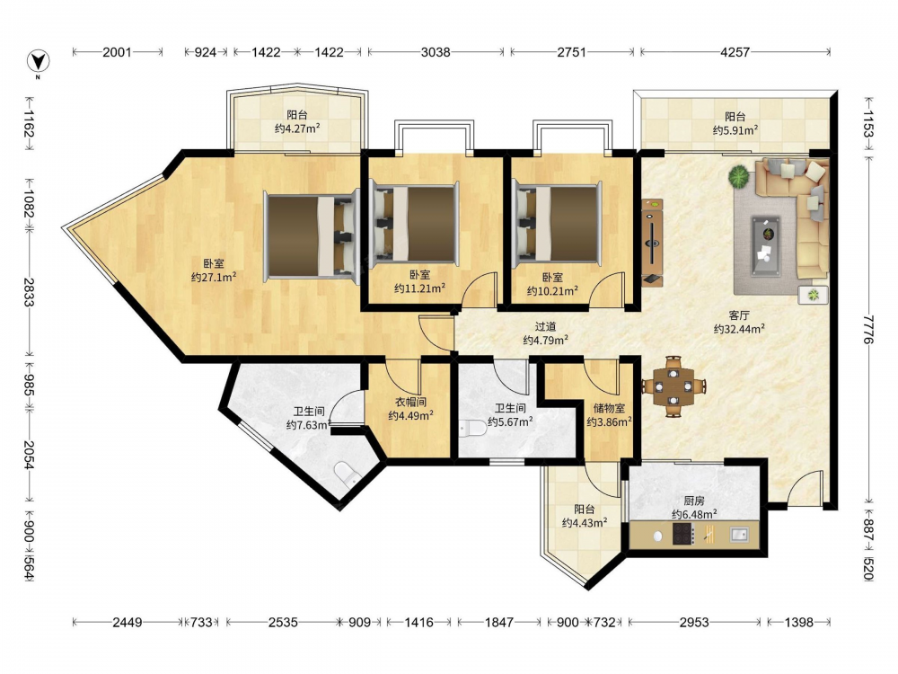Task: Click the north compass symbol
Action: pyautogui.click(x=38, y=62)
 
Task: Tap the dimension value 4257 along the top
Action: pyautogui.click(x=735, y=52)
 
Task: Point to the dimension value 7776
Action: pyautogui.click(x=868, y=329)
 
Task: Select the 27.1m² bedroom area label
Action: pyautogui.click(x=214, y=278)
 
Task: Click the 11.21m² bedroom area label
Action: pyautogui.click(x=419, y=288)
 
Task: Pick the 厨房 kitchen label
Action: pyautogui.click(x=694, y=501)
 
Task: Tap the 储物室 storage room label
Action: pyautogui.click(x=609, y=408)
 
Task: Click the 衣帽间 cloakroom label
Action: pyautogui.click(x=410, y=402)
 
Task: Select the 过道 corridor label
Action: pyautogui.click(x=545, y=326)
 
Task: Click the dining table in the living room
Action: pyautogui.click(x=673, y=386)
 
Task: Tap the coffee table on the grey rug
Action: pyautogui.click(x=766, y=238)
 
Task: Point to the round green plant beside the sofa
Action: pyautogui.click(x=739, y=176)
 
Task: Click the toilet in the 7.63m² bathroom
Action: pyautogui.click(x=347, y=474)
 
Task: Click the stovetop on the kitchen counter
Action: pyautogui.click(x=683, y=534)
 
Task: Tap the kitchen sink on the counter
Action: pyautogui.click(x=739, y=535)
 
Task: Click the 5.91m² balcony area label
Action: pyautogui.click(x=735, y=130)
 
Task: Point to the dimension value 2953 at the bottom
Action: pyautogui.click(x=694, y=622)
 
